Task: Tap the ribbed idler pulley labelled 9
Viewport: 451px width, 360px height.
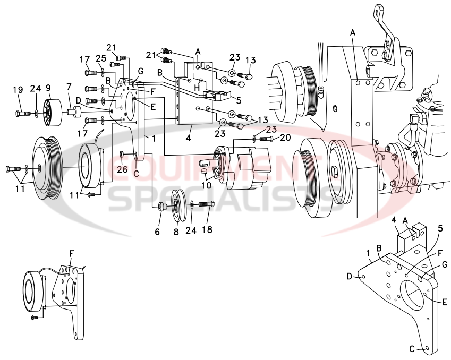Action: pyautogui.click(x=53, y=113)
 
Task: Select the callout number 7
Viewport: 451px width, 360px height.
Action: pyautogui.click(x=69, y=87)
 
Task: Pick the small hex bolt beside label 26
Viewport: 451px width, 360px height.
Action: pyautogui.click(x=123, y=155)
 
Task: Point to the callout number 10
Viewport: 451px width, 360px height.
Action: pyautogui.click(x=206, y=186)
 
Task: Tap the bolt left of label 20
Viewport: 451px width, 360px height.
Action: pyautogui.click(x=266, y=138)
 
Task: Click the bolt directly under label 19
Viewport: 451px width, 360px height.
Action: pyautogui.click(x=23, y=113)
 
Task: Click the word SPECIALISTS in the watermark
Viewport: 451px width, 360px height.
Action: pyautogui.click(x=223, y=203)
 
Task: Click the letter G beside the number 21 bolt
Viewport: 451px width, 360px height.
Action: pyautogui.click(x=140, y=71)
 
